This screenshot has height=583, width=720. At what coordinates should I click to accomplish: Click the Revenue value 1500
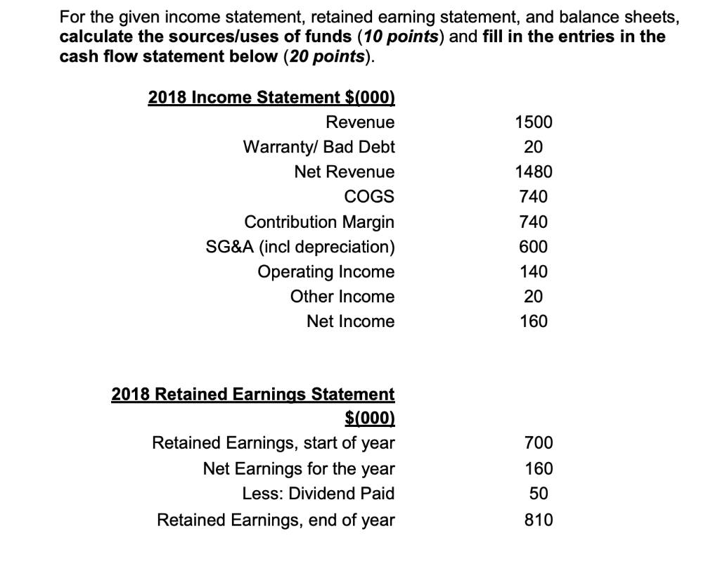(534, 122)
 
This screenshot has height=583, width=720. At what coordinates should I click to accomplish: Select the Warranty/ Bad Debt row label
(319, 147)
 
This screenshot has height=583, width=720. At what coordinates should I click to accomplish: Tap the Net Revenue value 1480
(534, 172)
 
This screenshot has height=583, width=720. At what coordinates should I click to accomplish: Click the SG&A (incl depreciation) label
(300, 247)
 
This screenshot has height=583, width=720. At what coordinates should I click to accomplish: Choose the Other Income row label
(342, 297)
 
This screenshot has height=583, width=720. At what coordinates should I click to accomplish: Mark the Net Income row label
(350, 321)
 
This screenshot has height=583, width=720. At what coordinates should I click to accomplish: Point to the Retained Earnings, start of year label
(274, 443)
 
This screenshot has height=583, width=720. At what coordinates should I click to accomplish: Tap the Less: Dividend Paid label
(318, 494)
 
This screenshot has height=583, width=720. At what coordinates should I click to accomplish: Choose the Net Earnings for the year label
(299, 468)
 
